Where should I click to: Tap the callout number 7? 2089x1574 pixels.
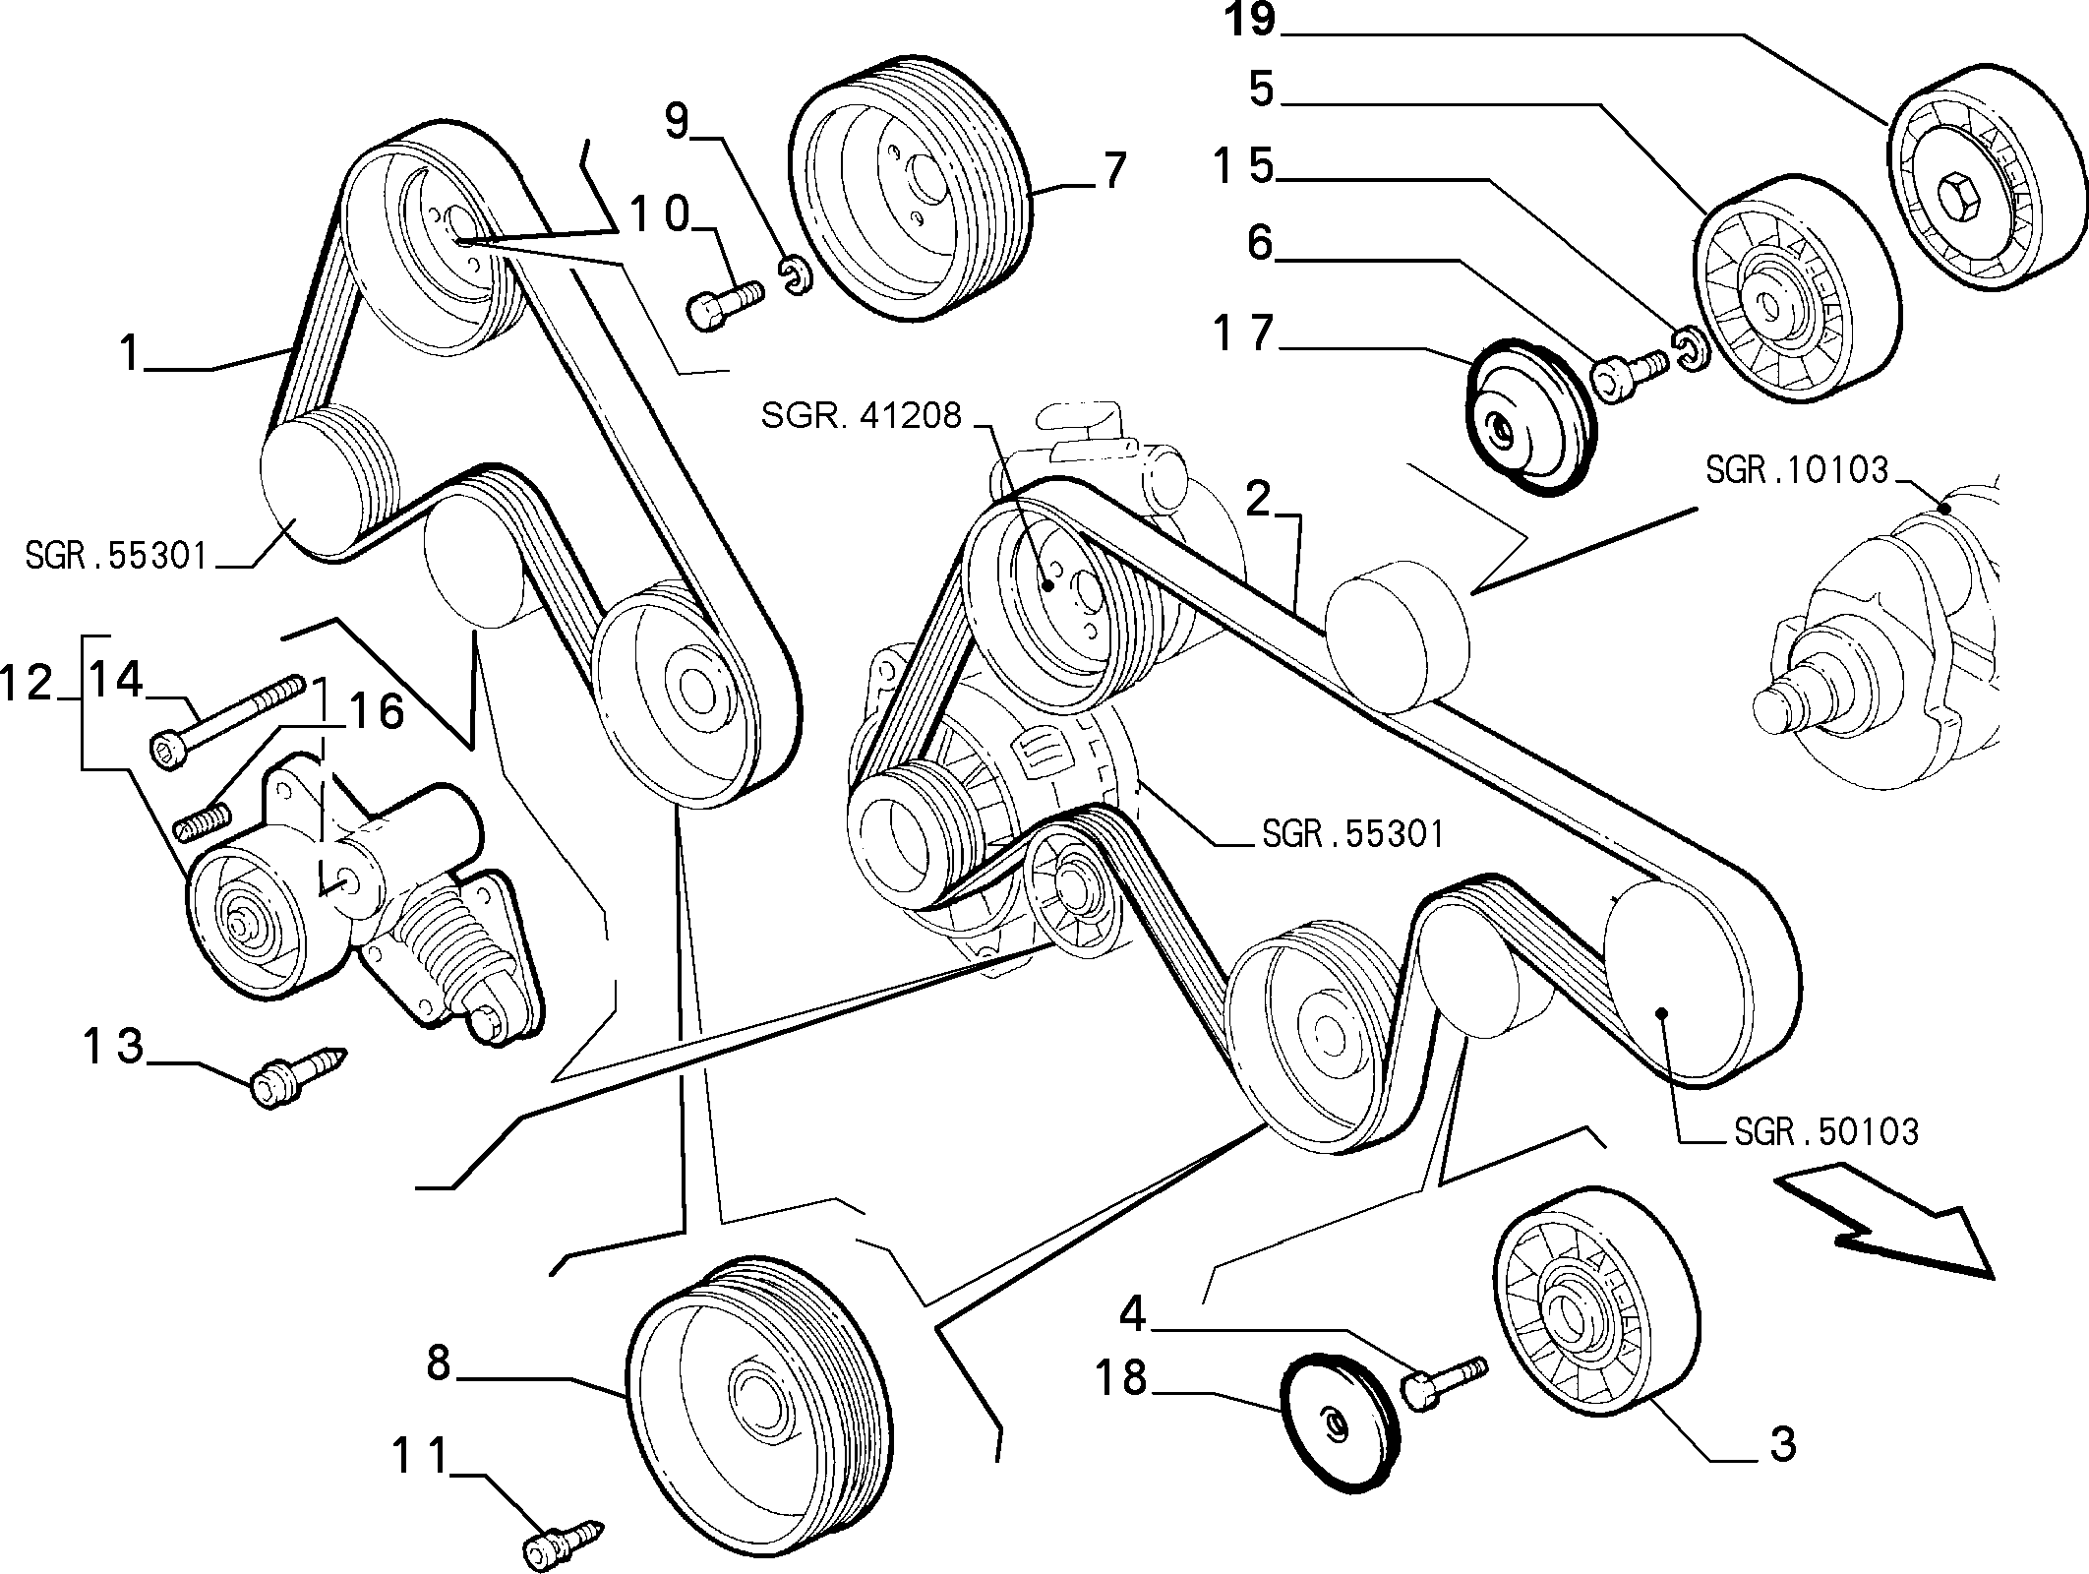pos(1112,171)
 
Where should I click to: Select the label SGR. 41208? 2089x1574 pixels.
pos(862,416)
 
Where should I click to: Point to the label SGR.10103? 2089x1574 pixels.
pos(1797,470)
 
